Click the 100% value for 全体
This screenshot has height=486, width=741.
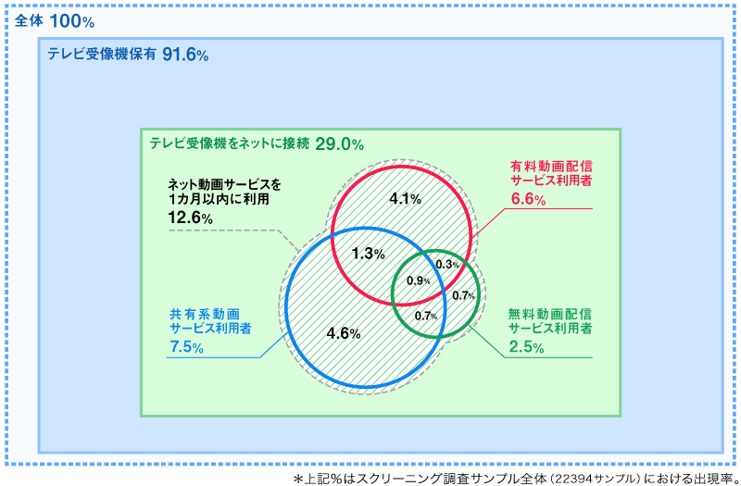point(72,20)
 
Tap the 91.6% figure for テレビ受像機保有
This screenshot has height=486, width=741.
point(185,56)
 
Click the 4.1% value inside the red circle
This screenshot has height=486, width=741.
point(406,198)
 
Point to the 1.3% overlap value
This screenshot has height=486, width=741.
point(369,254)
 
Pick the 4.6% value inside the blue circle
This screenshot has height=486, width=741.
point(344,333)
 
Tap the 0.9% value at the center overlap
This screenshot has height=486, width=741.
point(418,280)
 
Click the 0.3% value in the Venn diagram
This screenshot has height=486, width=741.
point(447,265)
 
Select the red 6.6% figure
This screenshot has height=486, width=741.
point(528,198)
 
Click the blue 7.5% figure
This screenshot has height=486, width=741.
point(186,347)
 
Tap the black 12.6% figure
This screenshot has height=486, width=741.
point(190,218)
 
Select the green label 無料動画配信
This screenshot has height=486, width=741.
point(549,313)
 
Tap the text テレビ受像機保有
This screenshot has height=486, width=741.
point(101,55)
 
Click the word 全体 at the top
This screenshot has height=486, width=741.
point(29,19)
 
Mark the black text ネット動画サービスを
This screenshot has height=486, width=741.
point(224,183)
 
